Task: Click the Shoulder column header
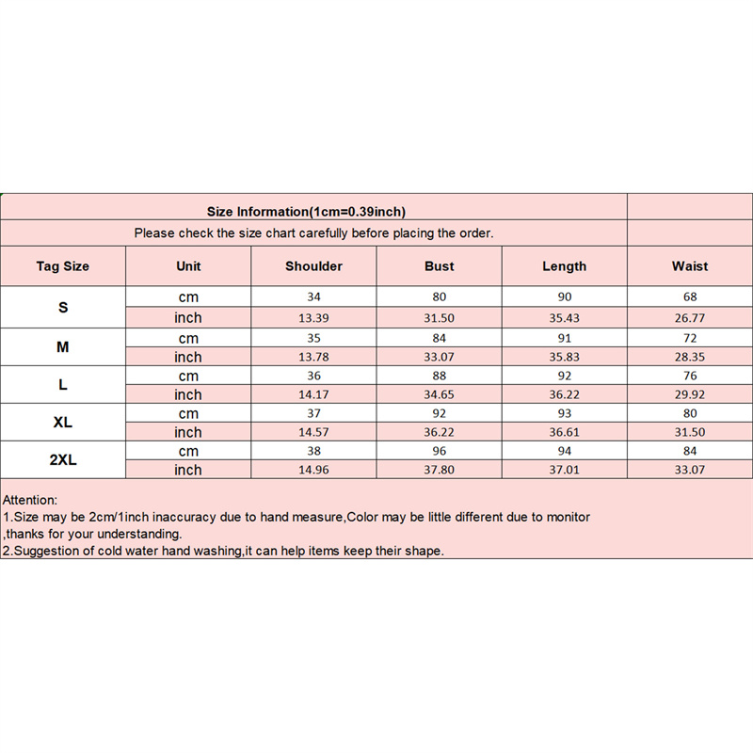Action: tap(313, 266)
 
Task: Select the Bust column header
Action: tap(439, 266)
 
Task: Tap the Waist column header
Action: tap(690, 266)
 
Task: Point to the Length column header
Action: tap(564, 266)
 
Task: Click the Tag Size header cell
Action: tap(63, 266)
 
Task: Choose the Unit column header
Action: tap(188, 266)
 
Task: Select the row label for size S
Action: tap(63, 308)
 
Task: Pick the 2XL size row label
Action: tap(63, 459)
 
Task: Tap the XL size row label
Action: tap(63, 423)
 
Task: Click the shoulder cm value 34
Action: tap(313, 297)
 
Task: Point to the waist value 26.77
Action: tap(690, 318)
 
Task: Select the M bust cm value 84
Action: tap(439, 337)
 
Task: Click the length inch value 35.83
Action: tap(564, 357)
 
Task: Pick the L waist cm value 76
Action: tap(690, 375)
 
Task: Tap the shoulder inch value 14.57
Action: tap(313, 432)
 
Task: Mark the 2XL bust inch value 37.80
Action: tap(439, 470)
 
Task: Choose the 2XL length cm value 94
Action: tap(564, 450)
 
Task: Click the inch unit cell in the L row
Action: tap(188, 394)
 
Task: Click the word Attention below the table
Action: tap(30, 500)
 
